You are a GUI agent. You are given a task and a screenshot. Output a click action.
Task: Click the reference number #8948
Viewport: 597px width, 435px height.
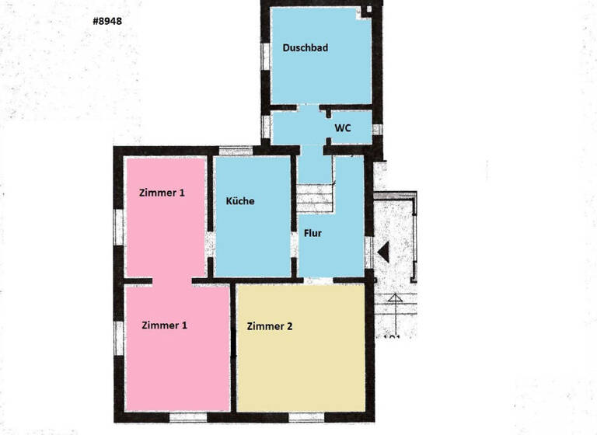(x=107, y=22)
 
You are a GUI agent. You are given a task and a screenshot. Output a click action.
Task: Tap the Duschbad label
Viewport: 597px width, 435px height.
(x=305, y=47)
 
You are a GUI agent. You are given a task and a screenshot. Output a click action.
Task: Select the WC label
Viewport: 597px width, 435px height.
(x=343, y=128)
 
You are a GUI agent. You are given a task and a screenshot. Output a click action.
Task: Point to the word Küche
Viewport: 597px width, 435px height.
(x=240, y=200)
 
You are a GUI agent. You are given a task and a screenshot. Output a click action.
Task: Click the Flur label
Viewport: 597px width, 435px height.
(x=313, y=232)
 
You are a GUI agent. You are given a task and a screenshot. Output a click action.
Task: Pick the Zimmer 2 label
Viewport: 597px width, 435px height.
(x=270, y=326)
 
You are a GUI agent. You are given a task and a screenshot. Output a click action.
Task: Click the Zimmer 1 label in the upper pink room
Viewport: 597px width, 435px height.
(x=162, y=192)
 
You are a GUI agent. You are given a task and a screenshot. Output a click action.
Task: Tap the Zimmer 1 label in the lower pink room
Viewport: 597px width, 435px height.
(x=164, y=325)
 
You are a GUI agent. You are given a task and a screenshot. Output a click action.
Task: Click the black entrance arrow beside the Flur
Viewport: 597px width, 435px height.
(x=382, y=251)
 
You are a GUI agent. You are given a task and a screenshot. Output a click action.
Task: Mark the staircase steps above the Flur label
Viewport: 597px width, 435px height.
(x=315, y=197)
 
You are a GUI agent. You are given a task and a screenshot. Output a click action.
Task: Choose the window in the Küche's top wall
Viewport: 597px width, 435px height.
(x=236, y=150)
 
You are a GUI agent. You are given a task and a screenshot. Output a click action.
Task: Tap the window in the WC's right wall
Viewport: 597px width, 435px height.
(x=377, y=129)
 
